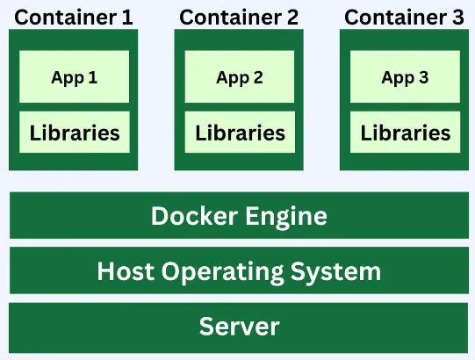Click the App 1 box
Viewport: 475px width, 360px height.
[74, 77]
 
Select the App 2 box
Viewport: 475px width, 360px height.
[240, 77]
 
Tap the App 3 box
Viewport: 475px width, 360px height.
[405, 77]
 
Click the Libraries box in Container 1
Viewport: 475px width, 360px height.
[74, 133]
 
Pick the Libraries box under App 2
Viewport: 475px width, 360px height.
[240, 133]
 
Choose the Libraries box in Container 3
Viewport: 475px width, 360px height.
[405, 133]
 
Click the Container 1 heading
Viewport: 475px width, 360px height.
[75, 16]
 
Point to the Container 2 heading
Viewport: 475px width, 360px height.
[240, 16]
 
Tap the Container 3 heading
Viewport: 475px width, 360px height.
[405, 16]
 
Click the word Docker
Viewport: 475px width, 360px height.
[190, 216]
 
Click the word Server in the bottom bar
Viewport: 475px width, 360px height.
[239, 327]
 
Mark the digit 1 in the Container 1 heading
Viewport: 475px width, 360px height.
[128, 16]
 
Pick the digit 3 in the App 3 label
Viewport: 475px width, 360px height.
[423, 77]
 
